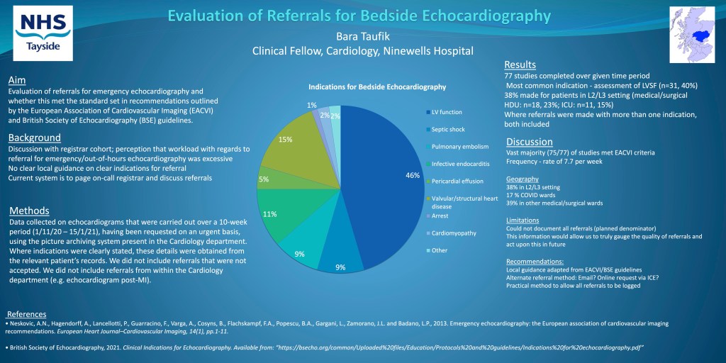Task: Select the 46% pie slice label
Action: coord(413,174)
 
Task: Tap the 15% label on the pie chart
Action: coord(286,139)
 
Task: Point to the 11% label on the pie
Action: coord(270,213)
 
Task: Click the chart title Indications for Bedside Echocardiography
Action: coord(377,86)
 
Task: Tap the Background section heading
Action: coord(34,137)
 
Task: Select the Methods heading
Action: coord(29,211)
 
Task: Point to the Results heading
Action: coord(520,65)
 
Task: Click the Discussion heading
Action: coord(529,141)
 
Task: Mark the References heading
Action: coord(26,314)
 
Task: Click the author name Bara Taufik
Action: coord(363,36)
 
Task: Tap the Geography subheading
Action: coord(523,179)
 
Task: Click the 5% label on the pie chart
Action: coord(264,179)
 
